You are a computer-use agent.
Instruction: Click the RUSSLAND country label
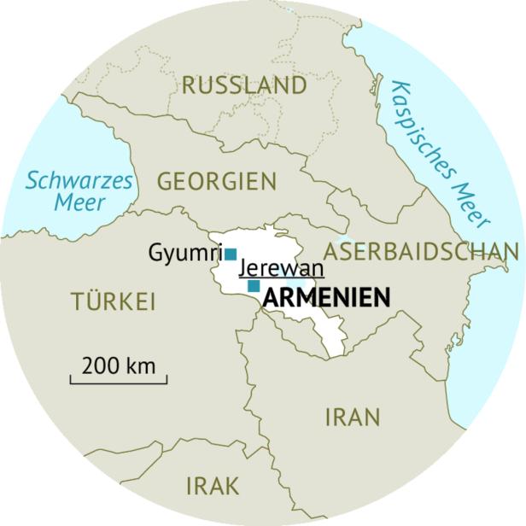244,85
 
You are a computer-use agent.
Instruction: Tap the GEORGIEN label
217,182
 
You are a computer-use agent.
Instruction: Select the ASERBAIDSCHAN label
422,251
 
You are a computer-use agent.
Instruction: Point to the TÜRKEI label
113,301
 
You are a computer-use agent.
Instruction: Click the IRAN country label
351,418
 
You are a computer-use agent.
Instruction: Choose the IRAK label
213,486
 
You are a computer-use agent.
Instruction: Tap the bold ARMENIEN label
327,298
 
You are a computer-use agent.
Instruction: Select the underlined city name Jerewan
282,268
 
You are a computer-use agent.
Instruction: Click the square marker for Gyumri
231,254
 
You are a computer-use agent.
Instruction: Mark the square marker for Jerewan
254,286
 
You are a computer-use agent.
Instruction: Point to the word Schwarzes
79,181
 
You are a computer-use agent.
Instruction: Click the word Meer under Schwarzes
79,203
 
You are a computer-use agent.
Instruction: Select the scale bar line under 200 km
119,381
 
